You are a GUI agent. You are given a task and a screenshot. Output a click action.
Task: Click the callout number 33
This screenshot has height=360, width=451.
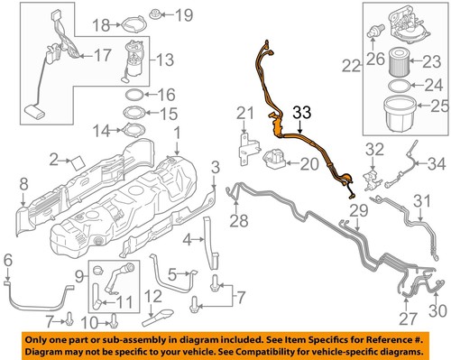click(300, 113)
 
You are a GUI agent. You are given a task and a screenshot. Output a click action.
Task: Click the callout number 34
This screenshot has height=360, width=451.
click(436, 163)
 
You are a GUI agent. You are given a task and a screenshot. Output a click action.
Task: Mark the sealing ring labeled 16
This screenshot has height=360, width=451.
click(133, 95)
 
